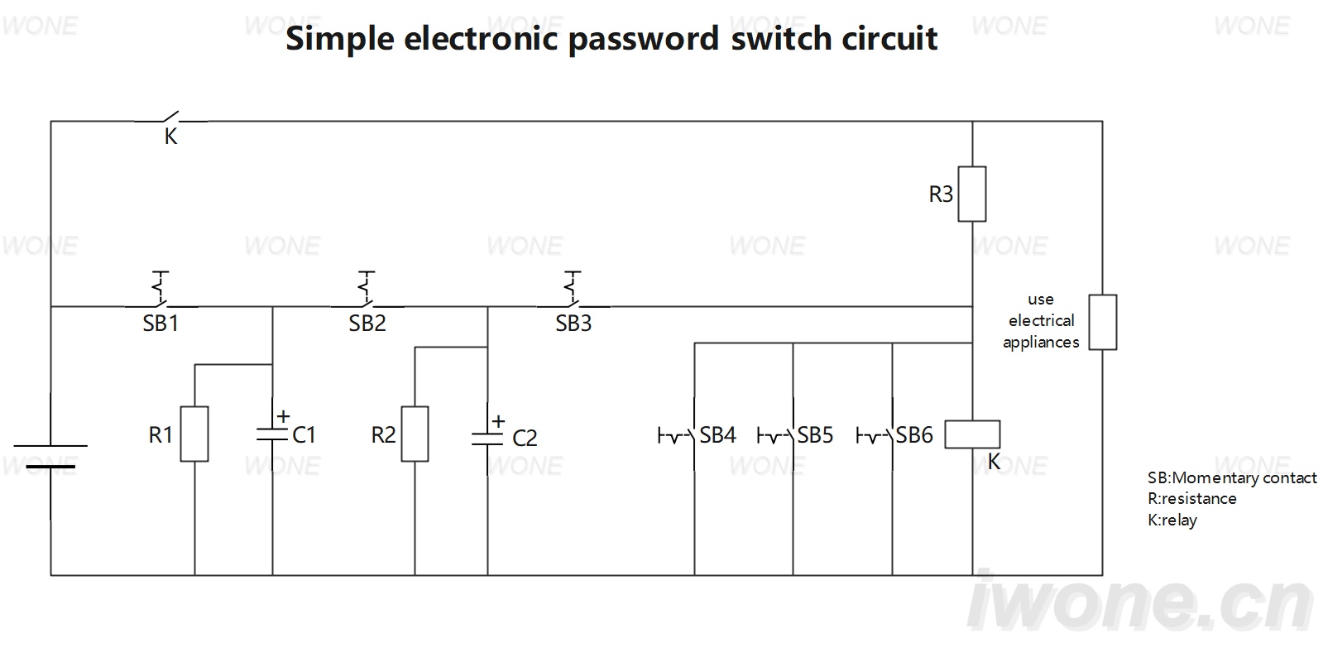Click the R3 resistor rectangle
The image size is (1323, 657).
[x=971, y=194]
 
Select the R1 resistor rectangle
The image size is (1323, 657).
[x=194, y=434]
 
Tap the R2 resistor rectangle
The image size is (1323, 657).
[x=415, y=434]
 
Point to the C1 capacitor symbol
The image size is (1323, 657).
[x=272, y=434]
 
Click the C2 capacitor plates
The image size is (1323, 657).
[x=487, y=439]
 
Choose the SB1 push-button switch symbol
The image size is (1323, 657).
[x=161, y=290]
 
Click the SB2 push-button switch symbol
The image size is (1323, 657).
[x=367, y=290]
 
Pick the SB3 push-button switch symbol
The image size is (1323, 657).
[x=573, y=290]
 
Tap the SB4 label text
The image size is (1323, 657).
[x=717, y=435]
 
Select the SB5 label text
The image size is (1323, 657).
[x=815, y=435]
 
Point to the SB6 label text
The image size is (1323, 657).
[x=914, y=435]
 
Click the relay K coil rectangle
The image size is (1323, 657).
[x=972, y=434]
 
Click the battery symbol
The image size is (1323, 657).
[x=50, y=456]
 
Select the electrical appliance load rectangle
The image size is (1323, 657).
[x=1103, y=322]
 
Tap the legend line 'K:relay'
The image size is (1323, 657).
[x=1172, y=520]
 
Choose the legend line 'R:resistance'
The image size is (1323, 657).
[x=1192, y=499]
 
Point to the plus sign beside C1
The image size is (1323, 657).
[x=284, y=416]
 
